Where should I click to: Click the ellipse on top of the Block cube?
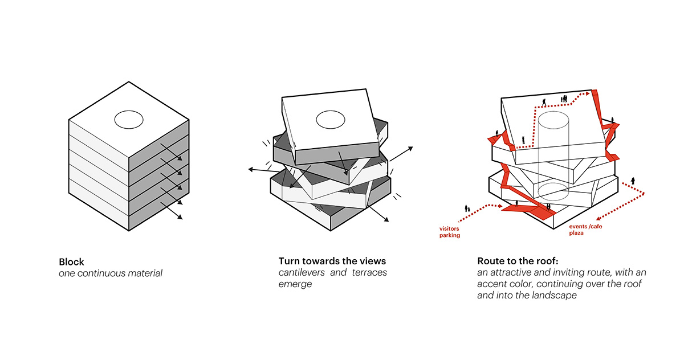tap(128, 120)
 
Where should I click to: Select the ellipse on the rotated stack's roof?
tap(331, 120)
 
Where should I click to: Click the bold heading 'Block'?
tap(71, 262)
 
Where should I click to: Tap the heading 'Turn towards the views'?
tap(332, 261)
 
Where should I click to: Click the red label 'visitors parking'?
tap(449, 232)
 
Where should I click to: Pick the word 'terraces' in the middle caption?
tap(368, 273)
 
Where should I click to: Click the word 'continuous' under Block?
tap(101, 273)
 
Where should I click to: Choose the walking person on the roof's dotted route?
tap(544, 103)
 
